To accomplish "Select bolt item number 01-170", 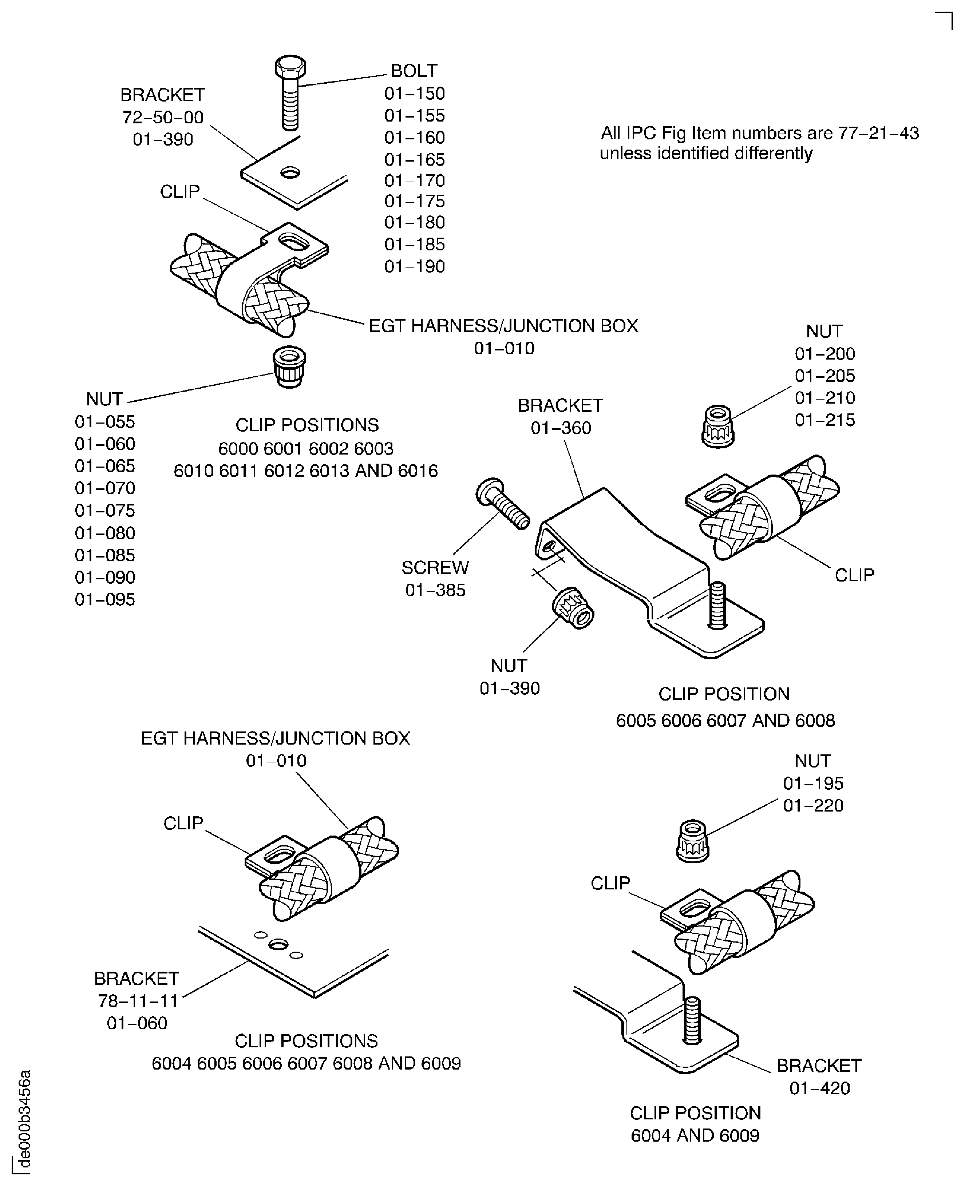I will pos(415,181).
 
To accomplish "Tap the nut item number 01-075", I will pos(105,510).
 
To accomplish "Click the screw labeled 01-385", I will pos(502,504).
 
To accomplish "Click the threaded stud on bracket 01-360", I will pos(717,606).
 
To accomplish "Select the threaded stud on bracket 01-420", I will pos(692,1020).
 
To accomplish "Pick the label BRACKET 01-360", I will pos(560,417).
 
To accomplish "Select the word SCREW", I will pos(435,567).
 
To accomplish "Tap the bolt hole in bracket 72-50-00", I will pos(290,173).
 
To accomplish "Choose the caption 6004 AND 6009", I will pos(695,1135).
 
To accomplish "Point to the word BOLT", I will pos(414,71).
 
